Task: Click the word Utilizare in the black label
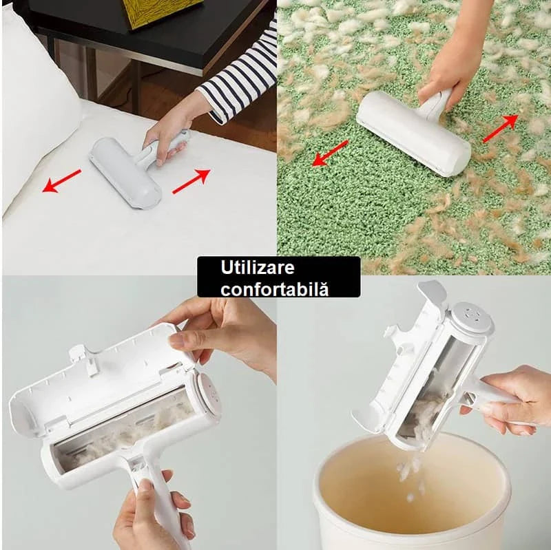[x=257, y=268]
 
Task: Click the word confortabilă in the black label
[x=274, y=289]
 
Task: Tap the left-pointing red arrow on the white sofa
[x=62, y=181]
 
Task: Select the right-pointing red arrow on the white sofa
[x=191, y=181]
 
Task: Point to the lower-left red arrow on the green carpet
[x=331, y=153]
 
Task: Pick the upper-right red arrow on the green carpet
[x=501, y=129]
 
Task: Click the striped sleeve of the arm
[x=239, y=77]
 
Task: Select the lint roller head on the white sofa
[x=125, y=173]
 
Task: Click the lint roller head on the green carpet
[x=413, y=134]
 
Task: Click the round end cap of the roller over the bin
[x=472, y=317]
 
